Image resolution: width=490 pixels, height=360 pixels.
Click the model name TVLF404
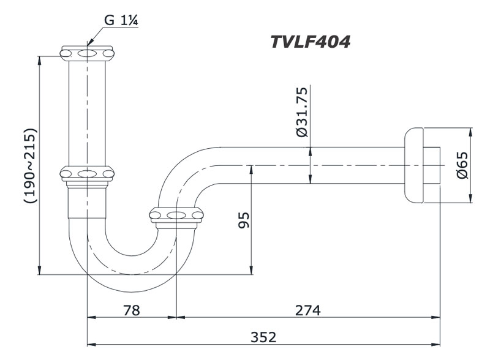pos(310,42)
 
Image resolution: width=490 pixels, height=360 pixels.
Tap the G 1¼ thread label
pos(121,20)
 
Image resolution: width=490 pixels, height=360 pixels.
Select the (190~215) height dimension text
pos(29,165)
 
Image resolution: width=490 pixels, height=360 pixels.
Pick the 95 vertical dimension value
pos(243,220)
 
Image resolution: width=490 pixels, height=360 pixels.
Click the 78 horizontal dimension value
pos(131,310)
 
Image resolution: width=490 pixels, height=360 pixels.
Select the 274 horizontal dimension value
pos(307,310)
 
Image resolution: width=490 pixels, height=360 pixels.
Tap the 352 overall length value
pos(263,337)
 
